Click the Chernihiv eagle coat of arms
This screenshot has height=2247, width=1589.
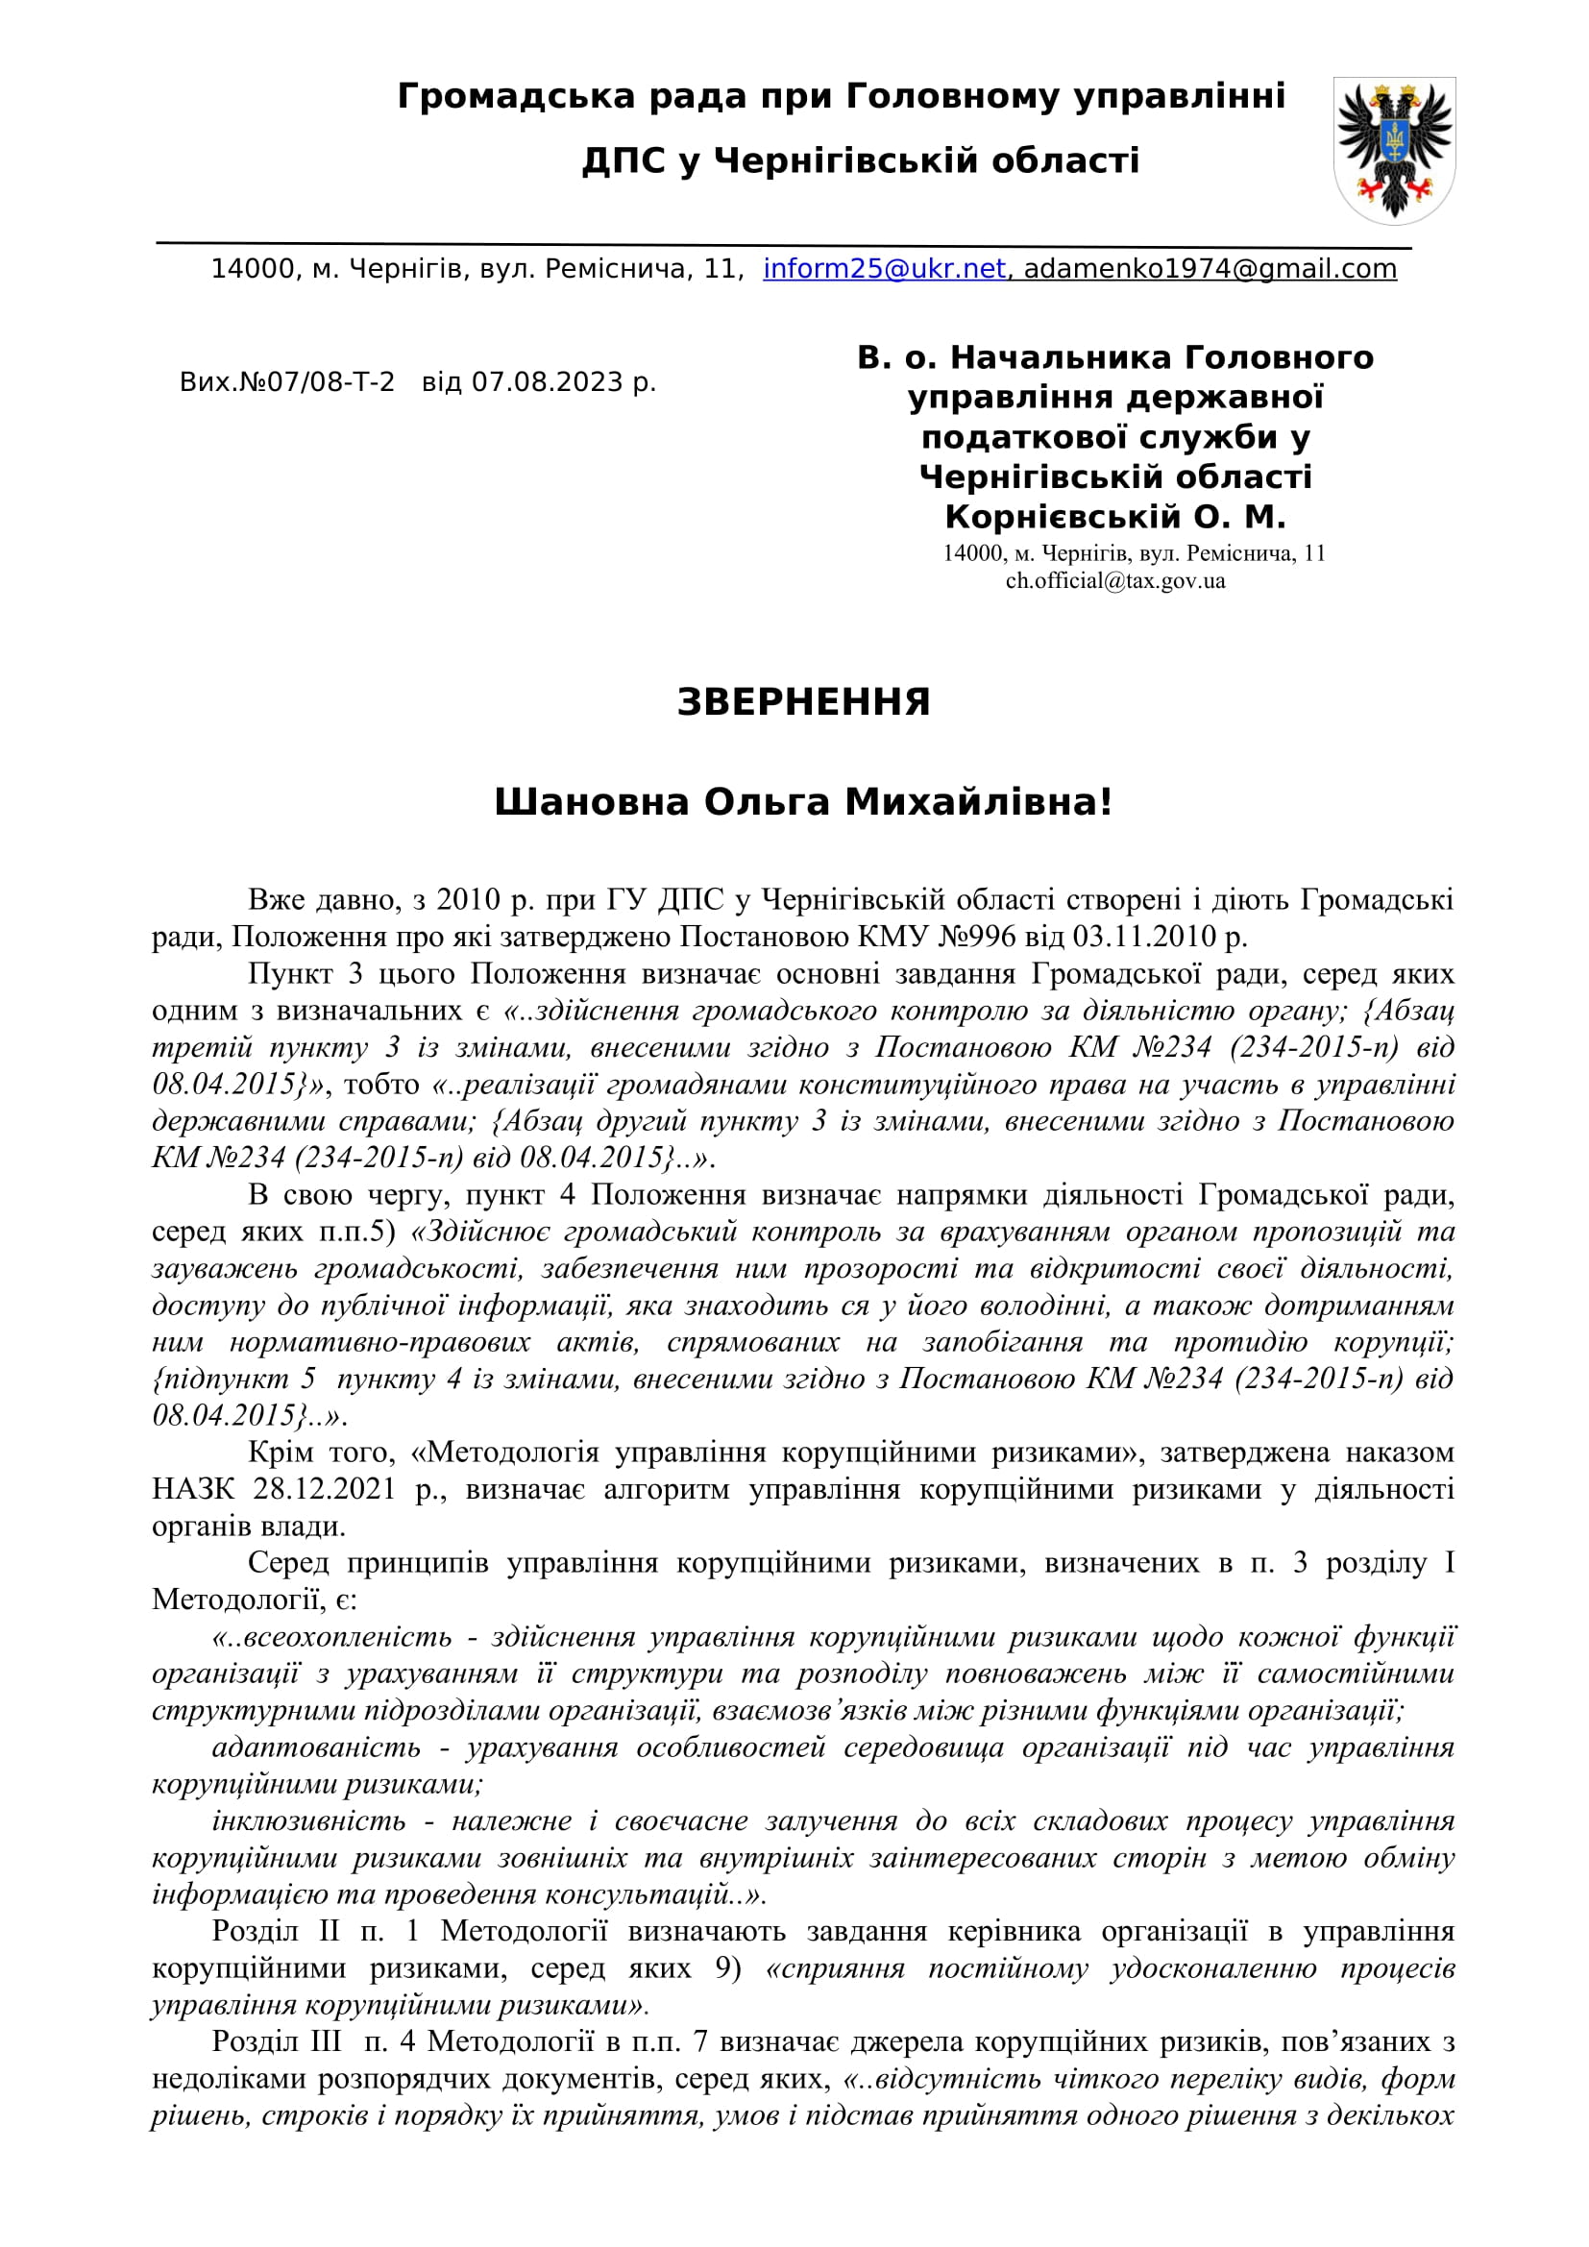1393,149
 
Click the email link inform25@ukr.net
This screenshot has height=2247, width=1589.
884,269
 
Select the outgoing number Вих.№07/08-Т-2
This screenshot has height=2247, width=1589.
286,381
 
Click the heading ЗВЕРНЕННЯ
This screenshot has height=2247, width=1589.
803,702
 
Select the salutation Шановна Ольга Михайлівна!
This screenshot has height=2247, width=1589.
803,802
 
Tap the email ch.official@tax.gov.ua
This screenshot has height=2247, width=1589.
1115,580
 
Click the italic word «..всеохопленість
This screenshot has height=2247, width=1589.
331,1637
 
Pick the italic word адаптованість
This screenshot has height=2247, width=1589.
316,1747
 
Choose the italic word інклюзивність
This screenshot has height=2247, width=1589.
308,1821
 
